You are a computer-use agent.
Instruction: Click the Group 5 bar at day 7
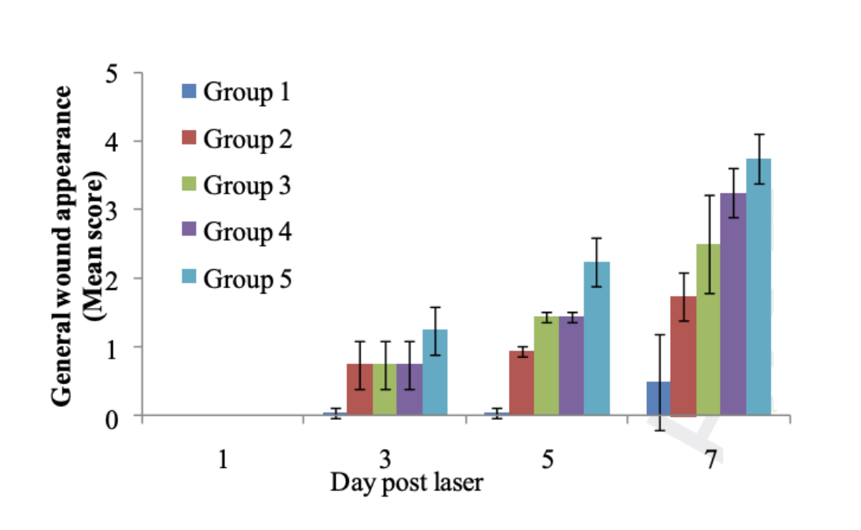758,286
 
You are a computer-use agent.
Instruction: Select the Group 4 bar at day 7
733,304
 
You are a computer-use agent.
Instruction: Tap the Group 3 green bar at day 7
708,329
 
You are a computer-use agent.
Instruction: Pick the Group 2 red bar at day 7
683,355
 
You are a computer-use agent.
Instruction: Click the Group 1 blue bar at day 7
658,398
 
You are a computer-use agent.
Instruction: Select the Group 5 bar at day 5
597,338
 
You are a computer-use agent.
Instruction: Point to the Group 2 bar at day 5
522,382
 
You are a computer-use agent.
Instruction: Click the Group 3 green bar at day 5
546,366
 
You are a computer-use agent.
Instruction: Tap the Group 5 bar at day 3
435,372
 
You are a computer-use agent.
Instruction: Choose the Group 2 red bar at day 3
360,390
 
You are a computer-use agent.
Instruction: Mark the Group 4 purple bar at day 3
410,390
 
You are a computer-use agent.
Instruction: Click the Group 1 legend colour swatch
189,91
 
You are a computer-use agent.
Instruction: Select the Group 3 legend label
247,186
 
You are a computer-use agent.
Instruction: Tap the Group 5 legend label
247,279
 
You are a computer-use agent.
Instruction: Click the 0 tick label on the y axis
112,420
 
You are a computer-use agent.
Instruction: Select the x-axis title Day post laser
407,482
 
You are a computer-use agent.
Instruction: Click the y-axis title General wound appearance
62,246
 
